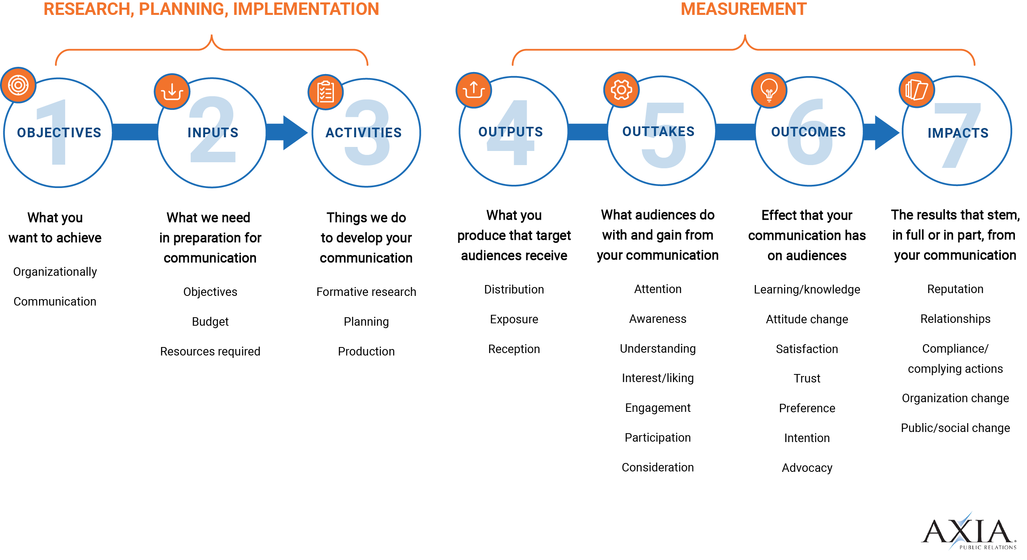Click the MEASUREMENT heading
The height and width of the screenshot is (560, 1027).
(x=743, y=9)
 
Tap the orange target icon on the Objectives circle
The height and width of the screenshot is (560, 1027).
(x=18, y=85)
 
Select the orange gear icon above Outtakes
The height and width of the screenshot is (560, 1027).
(x=621, y=90)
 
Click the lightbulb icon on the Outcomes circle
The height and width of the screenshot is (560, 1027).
(x=769, y=90)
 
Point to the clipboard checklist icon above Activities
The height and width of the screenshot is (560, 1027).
(x=325, y=92)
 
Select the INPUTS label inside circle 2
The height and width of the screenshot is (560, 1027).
(x=213, y=132)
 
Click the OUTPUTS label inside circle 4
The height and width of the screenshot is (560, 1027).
(x=510, y=132)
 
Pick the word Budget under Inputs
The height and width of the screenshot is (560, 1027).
(x=210, y=322)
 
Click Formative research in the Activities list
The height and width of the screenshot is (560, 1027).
(x=366, y=292)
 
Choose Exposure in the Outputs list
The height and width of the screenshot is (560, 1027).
(x=514, y=319)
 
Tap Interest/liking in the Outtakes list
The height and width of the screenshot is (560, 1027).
(x=658, y=378)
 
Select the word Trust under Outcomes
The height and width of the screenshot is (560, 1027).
(x=807, y=378)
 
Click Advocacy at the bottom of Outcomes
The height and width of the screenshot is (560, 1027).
(x=807, y=468)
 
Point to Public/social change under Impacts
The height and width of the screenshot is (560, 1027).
(x=955, y=428)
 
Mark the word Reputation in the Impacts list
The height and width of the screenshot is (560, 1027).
(x=955, y=289)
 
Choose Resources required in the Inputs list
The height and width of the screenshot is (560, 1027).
(x=210, y=351)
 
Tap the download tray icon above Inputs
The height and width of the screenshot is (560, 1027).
(x=172, y=91)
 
